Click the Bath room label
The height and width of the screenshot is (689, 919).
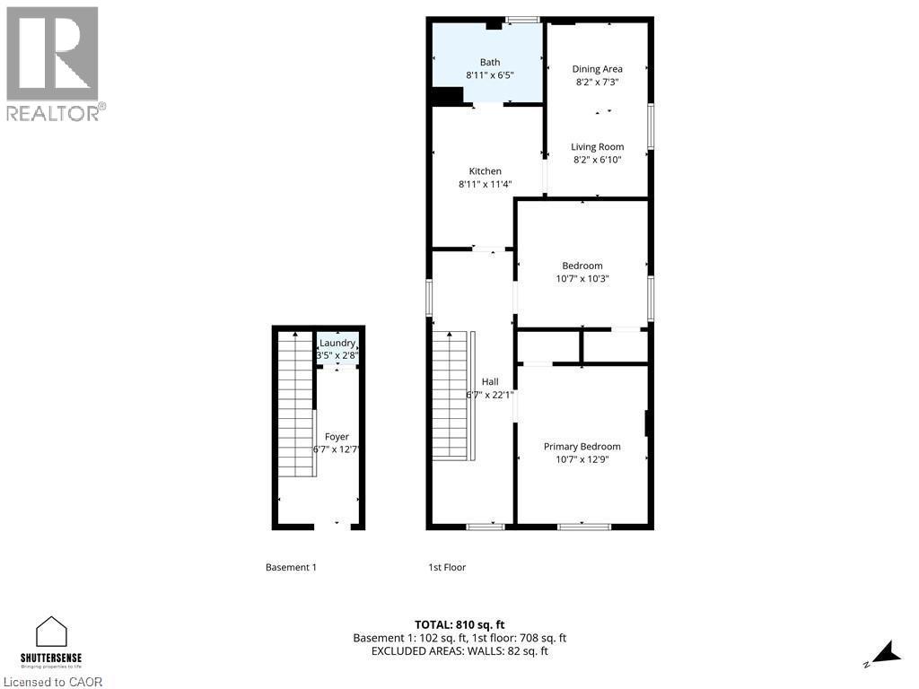click(x=489, y=62)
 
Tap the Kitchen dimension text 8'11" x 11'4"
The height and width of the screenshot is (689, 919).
click(x=485, y=185)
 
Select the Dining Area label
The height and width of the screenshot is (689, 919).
click(x=598, y=69)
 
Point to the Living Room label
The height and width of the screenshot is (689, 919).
click(x=598, y=147)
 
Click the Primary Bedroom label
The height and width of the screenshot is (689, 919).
click(x=582, y=447)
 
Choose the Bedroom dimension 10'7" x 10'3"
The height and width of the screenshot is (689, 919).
click(x=582, y=279)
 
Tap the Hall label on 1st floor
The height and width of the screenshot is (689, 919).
click(x=490, y=381)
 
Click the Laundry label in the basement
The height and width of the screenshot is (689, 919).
click(x=337, y=344)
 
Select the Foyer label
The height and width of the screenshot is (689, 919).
click(x=337, y=437)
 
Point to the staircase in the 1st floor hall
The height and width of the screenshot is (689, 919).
click(x=451, y=395)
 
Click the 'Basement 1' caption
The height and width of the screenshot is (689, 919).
click(x=291, y=567)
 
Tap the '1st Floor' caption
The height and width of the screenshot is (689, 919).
click(x=447, y=567)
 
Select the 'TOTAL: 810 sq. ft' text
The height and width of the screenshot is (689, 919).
click(x=459, y=624)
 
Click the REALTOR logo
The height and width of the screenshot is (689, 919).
click(x=54, y=63)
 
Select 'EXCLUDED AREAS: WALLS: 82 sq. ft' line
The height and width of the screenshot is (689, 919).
click(x=459, y=651)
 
